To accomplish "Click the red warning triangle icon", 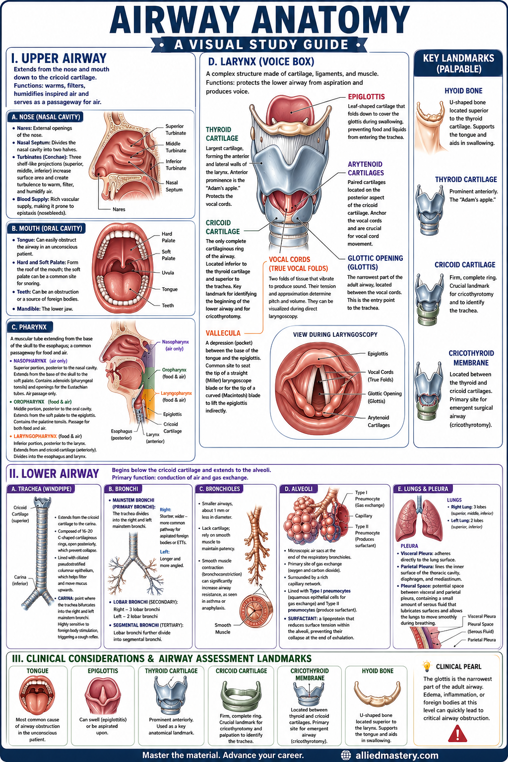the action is click(x=457, y=734).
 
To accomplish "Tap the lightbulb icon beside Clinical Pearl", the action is click(x=426, y=666).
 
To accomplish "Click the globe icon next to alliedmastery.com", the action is click(x=346, y=755).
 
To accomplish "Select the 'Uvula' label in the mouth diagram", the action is click(x=168, y=273).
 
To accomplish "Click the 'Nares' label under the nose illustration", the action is click(x=119, y=209).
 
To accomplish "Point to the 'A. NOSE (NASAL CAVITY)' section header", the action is click(x=46, y=117).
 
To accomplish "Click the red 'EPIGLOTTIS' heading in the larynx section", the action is click(x=366, y=97).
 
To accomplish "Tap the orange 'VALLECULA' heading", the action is click(x=223, y=333).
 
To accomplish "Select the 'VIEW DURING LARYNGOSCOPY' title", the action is click(x=335, y=335).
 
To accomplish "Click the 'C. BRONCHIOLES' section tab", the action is click(x=219, y=489).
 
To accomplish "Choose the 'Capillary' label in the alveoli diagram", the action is click(x=364, y=516).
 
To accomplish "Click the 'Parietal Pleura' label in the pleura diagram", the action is click(x=482, y=639).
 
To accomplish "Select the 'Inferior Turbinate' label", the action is click(x=176, y=165).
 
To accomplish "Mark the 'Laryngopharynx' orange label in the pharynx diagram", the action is click(x=176, y=393).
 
